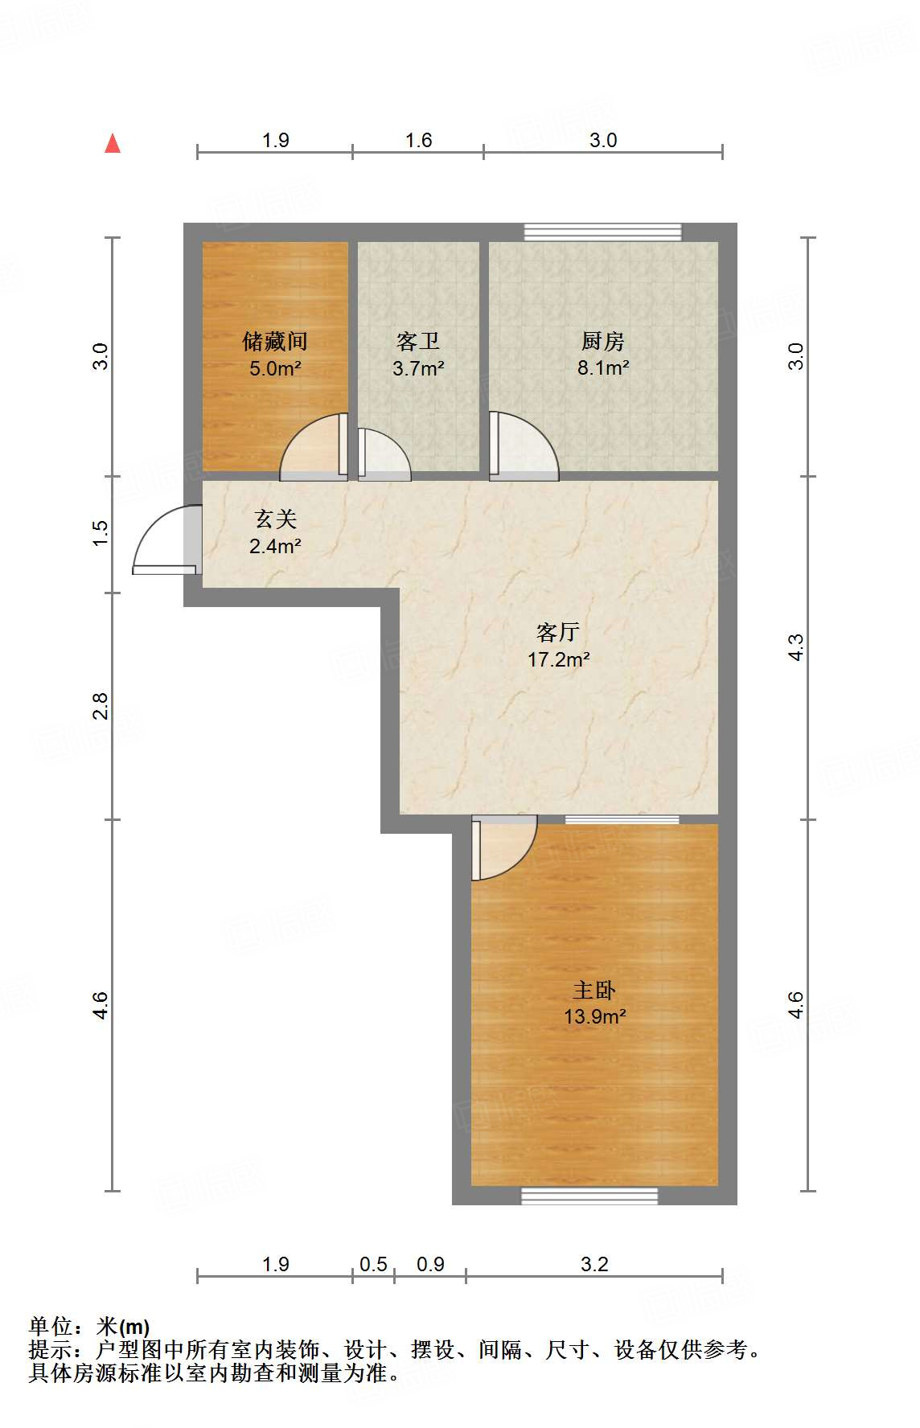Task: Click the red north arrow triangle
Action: [x=113, y=144]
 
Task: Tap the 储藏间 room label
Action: [x=275, y=342]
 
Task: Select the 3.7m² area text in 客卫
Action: [x=418, y=369]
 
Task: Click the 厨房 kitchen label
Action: [x=602, y=342]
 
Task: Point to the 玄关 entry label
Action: [x=275, y=519]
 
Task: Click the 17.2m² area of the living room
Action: [x=558, y=660]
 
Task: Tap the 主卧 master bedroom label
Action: [x=594, y=990]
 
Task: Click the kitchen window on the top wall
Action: [x=602, y=232]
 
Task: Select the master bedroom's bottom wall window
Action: [x=589, y=1196]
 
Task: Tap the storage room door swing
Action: [x=312, y=447]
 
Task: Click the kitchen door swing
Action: [x=523, y=449]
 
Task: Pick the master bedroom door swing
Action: [x=503, y=848]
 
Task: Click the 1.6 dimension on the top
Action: [x=418, y=141]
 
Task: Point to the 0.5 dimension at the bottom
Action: [x=373, y=1265]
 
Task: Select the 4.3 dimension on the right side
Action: [x=795, y=647]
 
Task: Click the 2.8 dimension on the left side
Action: [x=100, y=706]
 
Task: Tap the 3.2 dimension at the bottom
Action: [x=594, y=1265]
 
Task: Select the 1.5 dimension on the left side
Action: [x=100, y=534]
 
